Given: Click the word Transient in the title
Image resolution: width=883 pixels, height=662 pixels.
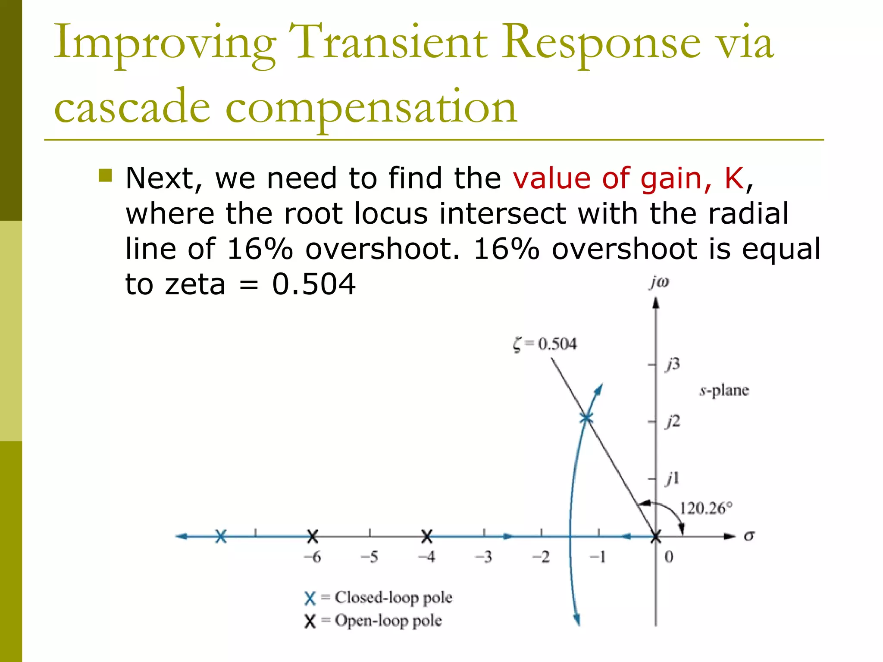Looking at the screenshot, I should [x=388, y=42].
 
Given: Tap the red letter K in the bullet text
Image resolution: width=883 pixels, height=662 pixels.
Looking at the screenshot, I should [x=734, y=178].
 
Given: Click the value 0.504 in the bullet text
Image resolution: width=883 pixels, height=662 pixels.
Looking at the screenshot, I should [x=313, y=284].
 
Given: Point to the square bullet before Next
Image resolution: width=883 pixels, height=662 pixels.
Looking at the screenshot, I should [x=105, y=175].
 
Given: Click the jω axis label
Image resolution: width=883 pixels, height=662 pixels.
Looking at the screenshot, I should [x=659, y=282].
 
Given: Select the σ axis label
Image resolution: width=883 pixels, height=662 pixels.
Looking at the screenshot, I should [x=749, y=536].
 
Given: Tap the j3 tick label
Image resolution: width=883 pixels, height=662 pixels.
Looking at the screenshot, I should [x=673, y=365].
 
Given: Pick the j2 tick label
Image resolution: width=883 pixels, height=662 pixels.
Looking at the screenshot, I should [x=673, y=421].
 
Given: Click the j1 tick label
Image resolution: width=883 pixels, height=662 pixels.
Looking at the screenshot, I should [x=673, y=478].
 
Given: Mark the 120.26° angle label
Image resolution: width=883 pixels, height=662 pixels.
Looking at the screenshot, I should [x=706, y=509].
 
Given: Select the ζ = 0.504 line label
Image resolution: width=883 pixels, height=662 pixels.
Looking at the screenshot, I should [x=545, y=344].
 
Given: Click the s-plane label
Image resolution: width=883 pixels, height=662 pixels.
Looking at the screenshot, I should [x=724, y=390].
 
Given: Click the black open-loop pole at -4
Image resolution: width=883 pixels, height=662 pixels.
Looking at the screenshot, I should [x=427, y=537].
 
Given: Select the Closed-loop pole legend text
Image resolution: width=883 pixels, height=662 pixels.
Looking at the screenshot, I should [x=393, y=598].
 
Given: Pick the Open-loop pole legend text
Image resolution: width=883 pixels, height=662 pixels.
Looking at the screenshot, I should [x=388, y=621].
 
